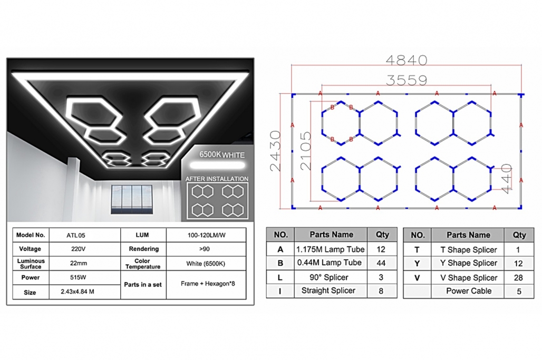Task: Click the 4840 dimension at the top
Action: point(406,61)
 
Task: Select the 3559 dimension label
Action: point(406,81)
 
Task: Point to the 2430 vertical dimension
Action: point(276,151)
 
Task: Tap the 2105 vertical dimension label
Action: point(306,151)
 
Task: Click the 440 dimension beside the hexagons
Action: point(506,179)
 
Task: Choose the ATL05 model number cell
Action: point(76,236)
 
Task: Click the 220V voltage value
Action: point(78,249)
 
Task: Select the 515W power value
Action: point(78,277)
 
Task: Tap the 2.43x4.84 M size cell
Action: point(78,291)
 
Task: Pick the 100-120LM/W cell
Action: point(206,235)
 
